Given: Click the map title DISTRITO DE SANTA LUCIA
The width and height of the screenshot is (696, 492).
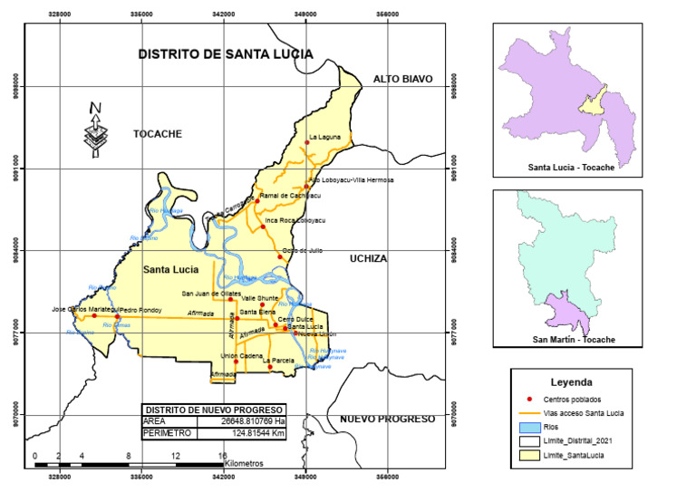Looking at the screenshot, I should coord(225,54).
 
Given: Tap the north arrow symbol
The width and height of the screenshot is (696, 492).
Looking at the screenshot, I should coord(94,127).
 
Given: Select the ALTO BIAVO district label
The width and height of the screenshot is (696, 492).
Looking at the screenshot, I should coord(404,80).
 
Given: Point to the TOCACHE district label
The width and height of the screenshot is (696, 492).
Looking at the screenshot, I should coord(158,134).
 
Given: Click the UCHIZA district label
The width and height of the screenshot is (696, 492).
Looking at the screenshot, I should coord(369,259).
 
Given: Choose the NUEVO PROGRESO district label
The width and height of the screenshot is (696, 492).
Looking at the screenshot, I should coord(387,420).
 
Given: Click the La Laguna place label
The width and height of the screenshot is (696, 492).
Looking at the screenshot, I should coord(325,138).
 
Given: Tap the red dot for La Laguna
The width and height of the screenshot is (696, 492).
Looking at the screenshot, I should coord(307,142).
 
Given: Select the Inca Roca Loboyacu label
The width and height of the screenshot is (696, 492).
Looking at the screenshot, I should coord(295,220).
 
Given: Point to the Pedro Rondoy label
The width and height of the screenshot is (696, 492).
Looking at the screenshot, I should coord(140,309).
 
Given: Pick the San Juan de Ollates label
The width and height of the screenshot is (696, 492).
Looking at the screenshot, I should coord(211,294).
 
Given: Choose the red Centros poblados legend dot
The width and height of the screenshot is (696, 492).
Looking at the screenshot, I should coord(530,399).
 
